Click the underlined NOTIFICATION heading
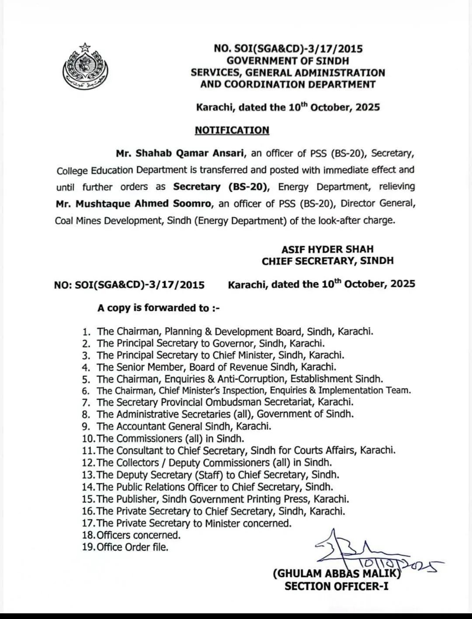coord(232,130)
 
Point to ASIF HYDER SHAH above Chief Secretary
coord(327,249)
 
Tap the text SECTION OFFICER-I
coord(336,586)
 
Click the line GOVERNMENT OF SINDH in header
coord(288,61)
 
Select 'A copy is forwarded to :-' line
coord(158,308)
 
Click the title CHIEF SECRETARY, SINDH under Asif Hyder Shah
coord(327,261)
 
